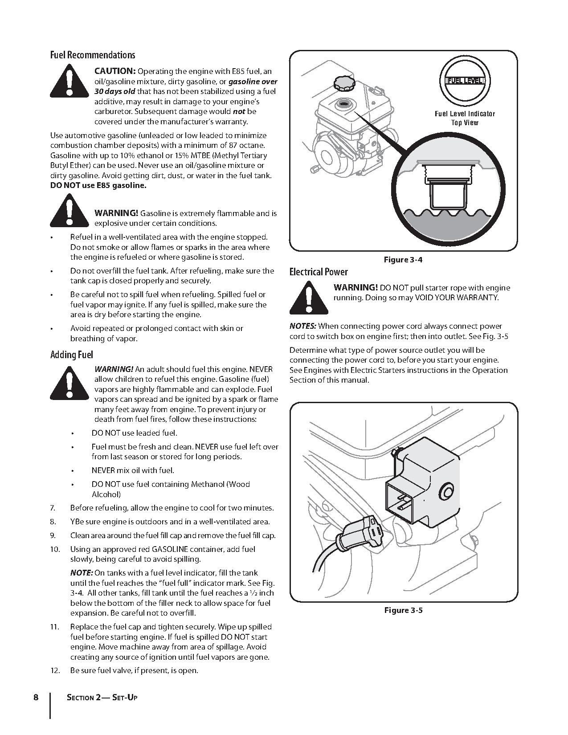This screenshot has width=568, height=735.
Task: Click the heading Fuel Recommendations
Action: pos(93,55)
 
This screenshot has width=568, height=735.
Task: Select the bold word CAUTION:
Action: pos(115,71)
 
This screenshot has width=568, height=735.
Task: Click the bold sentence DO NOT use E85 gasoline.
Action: pos(98,186)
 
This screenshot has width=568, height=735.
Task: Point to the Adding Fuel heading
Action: pos(72,355)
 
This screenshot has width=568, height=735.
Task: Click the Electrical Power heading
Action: pos(319,272)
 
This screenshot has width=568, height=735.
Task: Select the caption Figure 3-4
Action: pos(403,260)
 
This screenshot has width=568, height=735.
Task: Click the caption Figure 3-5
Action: pos(403,610)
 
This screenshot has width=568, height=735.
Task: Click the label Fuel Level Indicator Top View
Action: pos(465,118)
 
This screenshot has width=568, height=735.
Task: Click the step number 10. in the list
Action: pos(55,549)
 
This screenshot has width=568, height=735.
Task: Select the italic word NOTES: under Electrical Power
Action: pos(303,326)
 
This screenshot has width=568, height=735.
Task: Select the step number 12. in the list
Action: pos(55,670)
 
